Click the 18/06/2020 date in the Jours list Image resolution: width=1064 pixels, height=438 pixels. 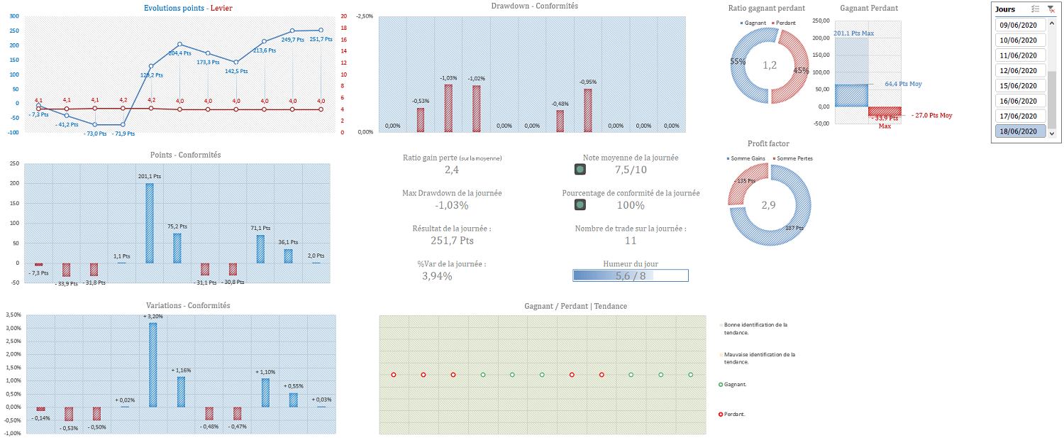1018,131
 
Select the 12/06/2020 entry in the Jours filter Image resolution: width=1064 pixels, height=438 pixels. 1018,70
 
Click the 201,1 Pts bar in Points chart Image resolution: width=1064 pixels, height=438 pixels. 150,223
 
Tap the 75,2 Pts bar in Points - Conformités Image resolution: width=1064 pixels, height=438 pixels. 177,248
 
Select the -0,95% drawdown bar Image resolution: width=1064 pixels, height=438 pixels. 587,110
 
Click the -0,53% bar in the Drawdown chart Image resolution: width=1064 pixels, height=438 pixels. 420,119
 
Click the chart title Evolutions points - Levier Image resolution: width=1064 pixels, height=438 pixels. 187,9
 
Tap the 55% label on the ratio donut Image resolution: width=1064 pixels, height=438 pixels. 738,62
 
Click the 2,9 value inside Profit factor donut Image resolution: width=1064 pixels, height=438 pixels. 770,205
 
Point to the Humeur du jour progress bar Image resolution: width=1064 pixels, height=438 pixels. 631,276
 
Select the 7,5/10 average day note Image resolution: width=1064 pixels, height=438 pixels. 631,170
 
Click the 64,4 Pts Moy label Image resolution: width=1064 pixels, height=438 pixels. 903,84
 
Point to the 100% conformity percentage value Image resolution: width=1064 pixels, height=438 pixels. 631,205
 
